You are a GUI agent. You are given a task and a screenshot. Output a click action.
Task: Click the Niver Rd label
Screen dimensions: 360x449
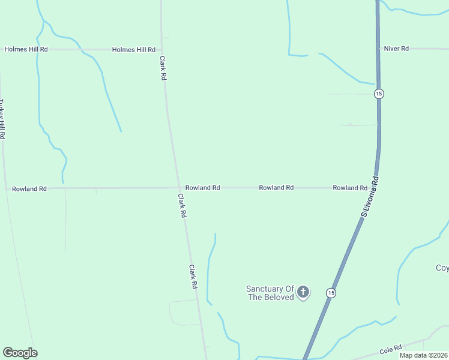pyautogui.click(x=396, y=49)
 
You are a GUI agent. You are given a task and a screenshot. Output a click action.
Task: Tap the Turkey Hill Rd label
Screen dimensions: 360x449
pyautogui.click(x=2, y=119)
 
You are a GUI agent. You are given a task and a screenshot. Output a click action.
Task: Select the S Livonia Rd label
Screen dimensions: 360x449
pyautogui.click(x=371, y=196)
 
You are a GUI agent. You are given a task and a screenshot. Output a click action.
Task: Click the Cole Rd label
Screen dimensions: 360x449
pyautogui.click(x=391, y=350)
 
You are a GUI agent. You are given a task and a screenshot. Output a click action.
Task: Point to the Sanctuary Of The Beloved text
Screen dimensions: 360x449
pyautogui.click(x=270, y=293)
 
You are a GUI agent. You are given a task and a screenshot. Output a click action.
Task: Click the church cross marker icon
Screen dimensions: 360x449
pyautogui.click(x=303, y=292)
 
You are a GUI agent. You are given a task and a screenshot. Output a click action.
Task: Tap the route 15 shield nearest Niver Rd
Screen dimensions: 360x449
pyautogui.click(x=378, y=94)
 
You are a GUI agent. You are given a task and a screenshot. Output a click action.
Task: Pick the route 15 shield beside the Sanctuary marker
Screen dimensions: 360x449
pyautogui.click(x=331, y=293)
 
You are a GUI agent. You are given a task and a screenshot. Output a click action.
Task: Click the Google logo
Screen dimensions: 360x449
pyautogui.click(x=20, y=353)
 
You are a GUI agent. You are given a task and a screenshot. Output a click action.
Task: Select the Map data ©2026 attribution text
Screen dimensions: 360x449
pyautogui.click(x=423, y=355)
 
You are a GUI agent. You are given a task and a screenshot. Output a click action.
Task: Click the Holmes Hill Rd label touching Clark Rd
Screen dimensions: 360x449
pyautogui.click(x=134, y=50)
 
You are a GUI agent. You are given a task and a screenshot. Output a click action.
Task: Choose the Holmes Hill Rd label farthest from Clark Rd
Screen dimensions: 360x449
pyautogui.click(x=26, y=50)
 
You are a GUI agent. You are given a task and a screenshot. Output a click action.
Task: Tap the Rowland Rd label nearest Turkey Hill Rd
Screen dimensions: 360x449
pyautogui.click(x=29, y=189)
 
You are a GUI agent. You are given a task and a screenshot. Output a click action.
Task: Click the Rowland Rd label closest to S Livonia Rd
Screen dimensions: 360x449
pyautogui.click(x=350, y=188)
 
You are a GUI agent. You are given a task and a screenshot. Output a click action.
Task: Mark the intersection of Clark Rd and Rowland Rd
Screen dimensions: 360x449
pyautogui.click(x=178, y=188)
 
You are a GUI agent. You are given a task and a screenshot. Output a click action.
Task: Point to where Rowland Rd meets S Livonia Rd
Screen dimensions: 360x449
pyautogui.click(x=373, y=188)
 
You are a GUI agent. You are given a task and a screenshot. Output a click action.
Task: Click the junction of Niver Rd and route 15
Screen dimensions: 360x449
pyautogui.click(x=378, y=49)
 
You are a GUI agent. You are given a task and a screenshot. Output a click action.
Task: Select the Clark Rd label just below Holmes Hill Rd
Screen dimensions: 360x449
pyautogui.click(x=163, y=68)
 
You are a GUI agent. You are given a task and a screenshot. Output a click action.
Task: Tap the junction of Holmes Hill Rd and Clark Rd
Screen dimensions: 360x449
pyautogui.click(x=161, y=50)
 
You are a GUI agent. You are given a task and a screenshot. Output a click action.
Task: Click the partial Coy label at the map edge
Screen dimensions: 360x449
pyautogui.click(x=442, y=268)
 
